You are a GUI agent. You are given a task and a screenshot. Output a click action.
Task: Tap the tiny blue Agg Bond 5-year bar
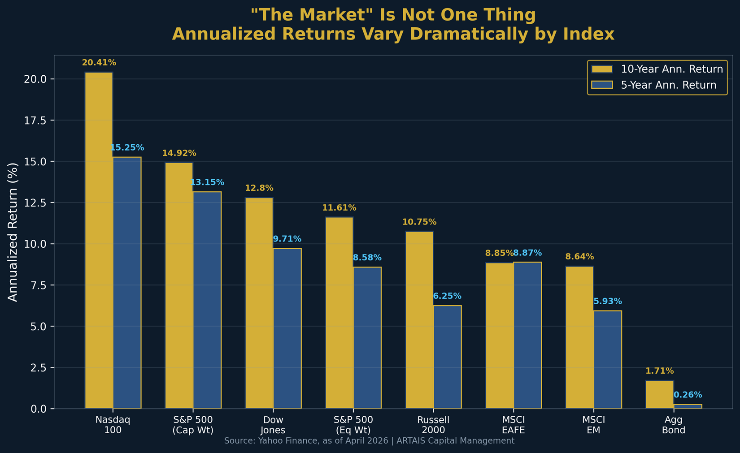click(688, 406)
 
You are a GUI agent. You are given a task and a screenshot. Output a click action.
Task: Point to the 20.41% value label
click(99, 63)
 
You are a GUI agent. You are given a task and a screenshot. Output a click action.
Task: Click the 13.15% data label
click(207, 182)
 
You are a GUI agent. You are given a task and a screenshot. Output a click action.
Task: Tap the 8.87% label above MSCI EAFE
click(527, 253)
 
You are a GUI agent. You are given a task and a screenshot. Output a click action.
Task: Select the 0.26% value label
click(688, 395)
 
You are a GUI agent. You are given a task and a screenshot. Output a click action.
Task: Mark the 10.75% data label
click(419, 222)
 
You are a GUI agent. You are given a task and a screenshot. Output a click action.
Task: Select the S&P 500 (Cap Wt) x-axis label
click(193, 425)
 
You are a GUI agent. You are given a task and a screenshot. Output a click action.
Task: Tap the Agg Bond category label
click(674, 425)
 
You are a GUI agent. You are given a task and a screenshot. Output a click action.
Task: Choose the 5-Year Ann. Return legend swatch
click(602, 85)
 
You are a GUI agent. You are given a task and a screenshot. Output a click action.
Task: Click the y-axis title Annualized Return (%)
click(13, 232)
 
